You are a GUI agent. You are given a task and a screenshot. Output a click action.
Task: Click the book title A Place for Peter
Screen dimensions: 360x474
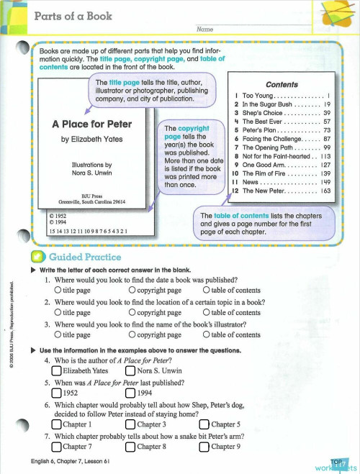(x=91, y=124)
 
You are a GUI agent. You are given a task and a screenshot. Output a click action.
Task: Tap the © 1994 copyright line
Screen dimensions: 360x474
(x=56, y=222)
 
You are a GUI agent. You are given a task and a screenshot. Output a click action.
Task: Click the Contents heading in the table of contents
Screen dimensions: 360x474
(x=282, y=84)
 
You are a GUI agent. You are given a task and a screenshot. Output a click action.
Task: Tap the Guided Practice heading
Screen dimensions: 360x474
(x=85, y=257)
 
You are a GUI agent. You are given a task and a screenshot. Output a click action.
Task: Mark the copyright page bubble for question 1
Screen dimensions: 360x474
(x=132, y=291)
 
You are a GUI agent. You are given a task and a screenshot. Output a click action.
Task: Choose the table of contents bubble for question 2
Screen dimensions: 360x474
(x=207, y=313)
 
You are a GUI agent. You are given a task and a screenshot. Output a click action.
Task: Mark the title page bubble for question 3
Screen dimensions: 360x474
(x=58, y=334)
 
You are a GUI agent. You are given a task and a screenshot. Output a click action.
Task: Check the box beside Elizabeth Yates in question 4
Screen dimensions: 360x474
(x=57, y=371)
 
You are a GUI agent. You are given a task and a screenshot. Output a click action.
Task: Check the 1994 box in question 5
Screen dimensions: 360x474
(x=130, y=393)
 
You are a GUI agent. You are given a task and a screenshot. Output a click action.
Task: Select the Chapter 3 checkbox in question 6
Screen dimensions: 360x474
(x=130, y=424)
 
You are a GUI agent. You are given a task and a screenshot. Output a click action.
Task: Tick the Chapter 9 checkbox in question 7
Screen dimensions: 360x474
(x=204, y=447)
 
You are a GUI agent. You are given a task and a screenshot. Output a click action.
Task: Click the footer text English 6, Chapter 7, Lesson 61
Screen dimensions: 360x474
(x=70, y=461)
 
